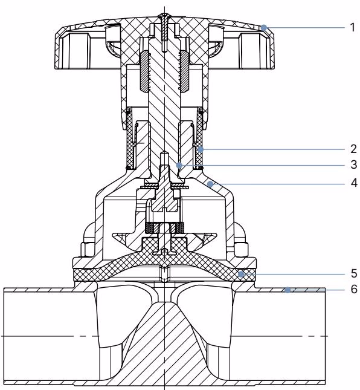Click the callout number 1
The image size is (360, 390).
point(353,27)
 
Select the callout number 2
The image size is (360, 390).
point(354,149)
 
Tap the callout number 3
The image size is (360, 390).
point(354,164)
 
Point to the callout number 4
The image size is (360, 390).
point(354,183)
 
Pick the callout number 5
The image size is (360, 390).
point(354,273)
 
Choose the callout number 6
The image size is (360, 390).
point(354,289)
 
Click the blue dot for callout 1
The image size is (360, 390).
point(264,28)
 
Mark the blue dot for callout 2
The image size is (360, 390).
point(201,149)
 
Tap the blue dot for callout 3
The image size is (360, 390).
point(179,165)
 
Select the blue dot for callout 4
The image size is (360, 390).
point(210,184)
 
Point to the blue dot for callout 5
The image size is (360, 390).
point(241,275)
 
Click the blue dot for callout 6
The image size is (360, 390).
point(288,290)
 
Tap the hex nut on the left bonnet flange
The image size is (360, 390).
point(88,249)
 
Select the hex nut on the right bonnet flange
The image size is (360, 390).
point(241,249)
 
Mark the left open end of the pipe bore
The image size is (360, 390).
point(4,336)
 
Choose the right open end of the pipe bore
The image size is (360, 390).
point(325,336)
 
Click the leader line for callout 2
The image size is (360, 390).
point(273,149)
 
